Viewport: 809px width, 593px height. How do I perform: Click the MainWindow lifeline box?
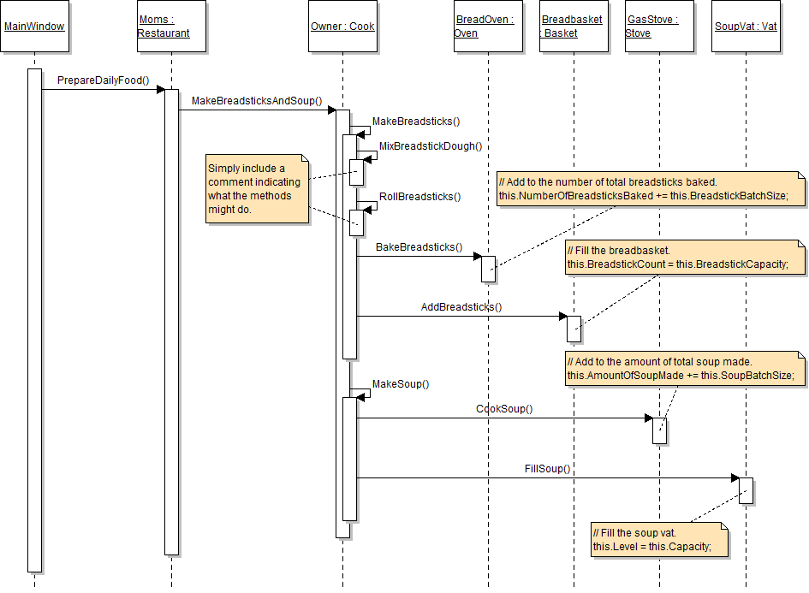coord(34,27)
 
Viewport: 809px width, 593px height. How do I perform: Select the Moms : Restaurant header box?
coord(171,27)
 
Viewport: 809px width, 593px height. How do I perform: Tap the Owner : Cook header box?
coord(342,27)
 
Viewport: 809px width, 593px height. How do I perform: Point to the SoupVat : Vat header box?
coord(746,27)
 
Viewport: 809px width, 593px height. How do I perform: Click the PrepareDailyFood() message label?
coord(103,80)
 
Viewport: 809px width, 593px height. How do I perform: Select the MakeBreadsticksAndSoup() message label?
coord(256,101)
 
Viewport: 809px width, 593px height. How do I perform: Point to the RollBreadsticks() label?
coord(419,196)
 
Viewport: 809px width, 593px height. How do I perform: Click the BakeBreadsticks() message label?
coord(419,247)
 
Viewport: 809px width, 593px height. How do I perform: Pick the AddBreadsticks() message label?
coord(461,307)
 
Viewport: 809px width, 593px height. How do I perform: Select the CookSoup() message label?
coord(504,409)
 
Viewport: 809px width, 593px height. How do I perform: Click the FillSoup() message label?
coord(547,469)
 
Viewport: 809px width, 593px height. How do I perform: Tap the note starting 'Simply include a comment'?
coord(257,189)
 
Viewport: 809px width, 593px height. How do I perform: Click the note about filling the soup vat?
coord(659,540)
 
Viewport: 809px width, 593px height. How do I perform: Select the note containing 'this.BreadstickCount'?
coord(684,258)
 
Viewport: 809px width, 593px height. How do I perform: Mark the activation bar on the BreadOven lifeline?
coord(488,269)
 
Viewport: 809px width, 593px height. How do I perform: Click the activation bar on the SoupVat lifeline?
coord(746,490)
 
